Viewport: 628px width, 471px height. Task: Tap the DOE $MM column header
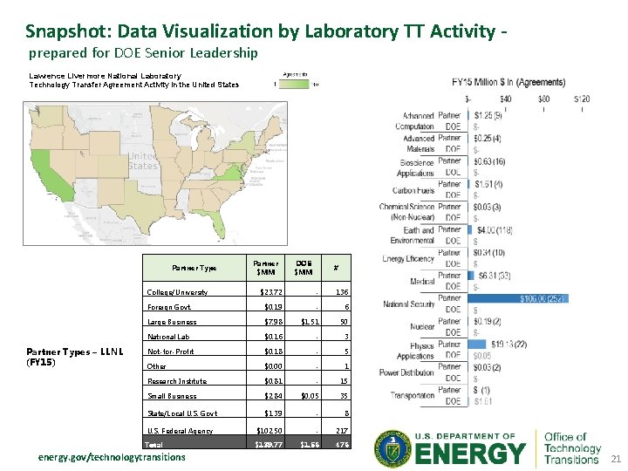point(304,267)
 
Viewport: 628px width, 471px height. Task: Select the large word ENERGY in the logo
point(472,454)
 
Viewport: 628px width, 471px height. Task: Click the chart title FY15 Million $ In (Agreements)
point(509,83)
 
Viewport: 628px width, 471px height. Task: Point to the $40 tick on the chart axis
point(507,99)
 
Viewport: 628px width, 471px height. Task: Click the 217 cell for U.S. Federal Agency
point(341,431)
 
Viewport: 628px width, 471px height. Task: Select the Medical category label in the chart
point(423,281)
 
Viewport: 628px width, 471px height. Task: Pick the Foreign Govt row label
point(169,307)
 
